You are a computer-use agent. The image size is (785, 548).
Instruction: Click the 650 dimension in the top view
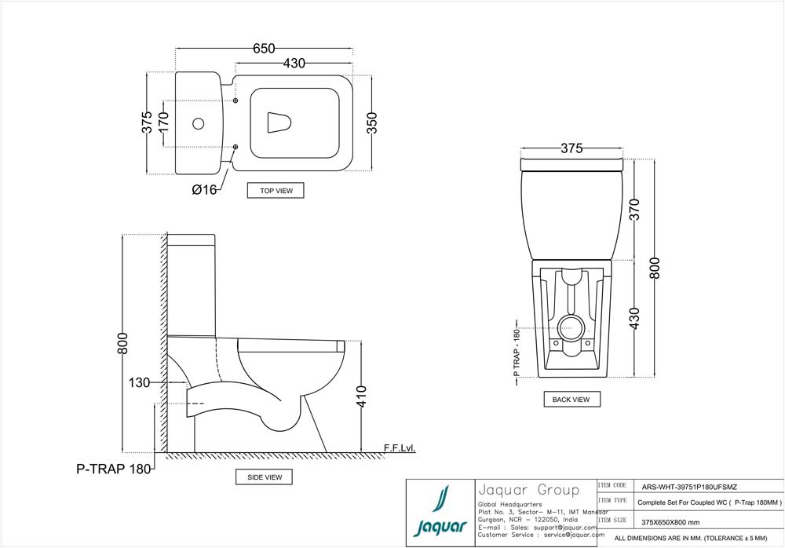[x=264, y=49]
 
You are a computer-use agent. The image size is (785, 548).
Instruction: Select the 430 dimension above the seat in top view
[x=294, y=64]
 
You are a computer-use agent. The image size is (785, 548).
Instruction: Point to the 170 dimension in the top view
[x=163, y=123]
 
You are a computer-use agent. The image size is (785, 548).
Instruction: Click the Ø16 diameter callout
[x=204, y=189]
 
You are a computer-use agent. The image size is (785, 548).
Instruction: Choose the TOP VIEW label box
[x=276, y=190]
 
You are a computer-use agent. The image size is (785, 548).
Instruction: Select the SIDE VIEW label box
[x=264, y=477]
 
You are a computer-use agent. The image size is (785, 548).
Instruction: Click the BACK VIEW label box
[x=571, y=399]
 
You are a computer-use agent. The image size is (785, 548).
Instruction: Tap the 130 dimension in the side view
[x=140, y=382]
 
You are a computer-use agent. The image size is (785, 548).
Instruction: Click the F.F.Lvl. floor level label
[x=399, y=448]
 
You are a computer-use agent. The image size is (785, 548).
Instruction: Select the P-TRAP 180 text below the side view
[x=111, y=469]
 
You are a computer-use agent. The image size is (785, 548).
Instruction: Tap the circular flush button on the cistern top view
[x=198, y=123]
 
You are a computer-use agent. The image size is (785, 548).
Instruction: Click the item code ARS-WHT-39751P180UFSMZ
[x=689, y=486]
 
